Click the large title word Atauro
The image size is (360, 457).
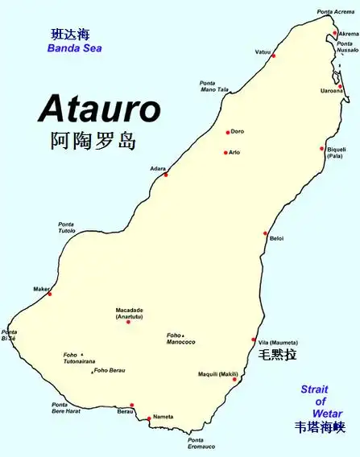tap(99, 109)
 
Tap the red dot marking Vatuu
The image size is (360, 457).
tap(274, 56)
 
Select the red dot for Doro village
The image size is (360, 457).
tap(228, 132)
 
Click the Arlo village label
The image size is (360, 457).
tap(234, 151)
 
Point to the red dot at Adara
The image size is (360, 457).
tap(166, 175)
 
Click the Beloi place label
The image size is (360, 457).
tap(276, 238)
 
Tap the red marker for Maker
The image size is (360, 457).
tap(50, 294)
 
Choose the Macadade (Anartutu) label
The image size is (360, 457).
tap(129, 313)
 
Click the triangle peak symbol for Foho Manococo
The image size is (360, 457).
tap(184, 335)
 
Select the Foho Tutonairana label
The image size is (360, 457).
tap(79, 358)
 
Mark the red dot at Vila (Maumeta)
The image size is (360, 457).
tap(254, 340)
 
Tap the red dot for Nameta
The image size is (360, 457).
tap(148, 418)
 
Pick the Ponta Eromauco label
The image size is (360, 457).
tap(201, 443)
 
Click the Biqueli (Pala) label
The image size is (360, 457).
tap(337, 152)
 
